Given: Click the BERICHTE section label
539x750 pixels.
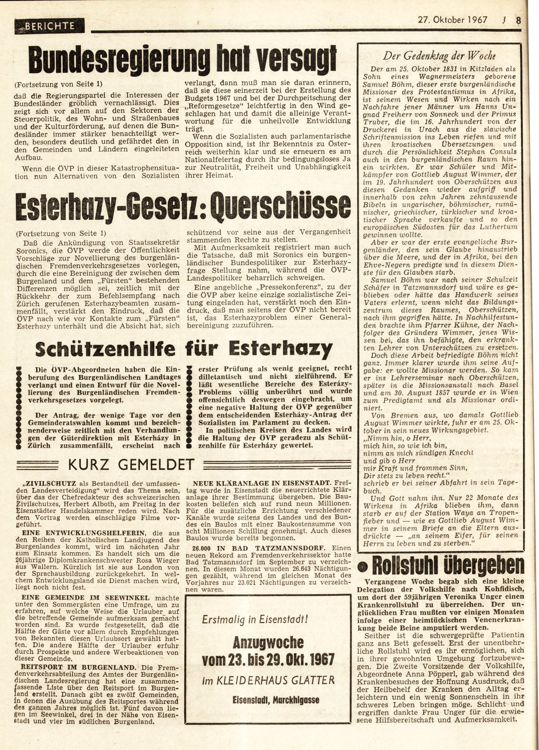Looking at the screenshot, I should pyautogui.click(x=50, y=26).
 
